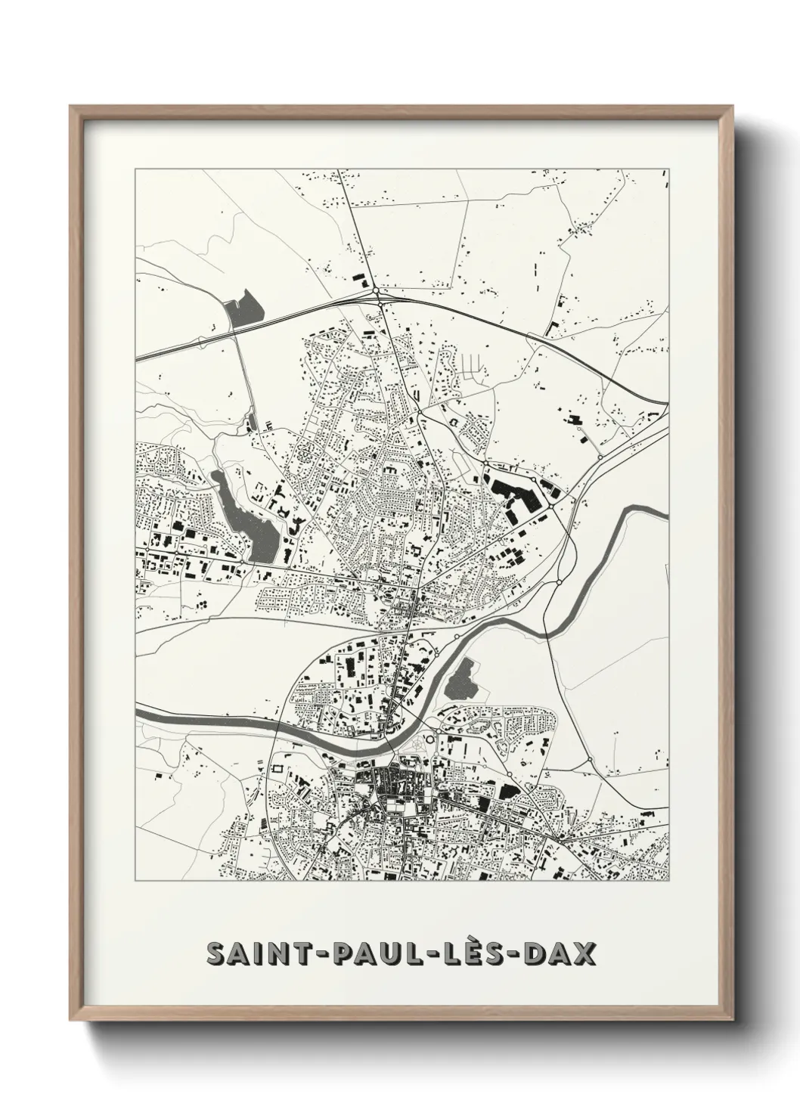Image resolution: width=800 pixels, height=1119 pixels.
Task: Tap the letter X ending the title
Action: tap(584, 955)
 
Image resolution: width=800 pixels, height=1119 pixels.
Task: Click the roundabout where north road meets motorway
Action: tap(375, 291)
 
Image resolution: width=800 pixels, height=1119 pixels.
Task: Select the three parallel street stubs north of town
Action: tap(470, 365)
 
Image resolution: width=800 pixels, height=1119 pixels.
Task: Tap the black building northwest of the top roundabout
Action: tap(358, 278)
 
